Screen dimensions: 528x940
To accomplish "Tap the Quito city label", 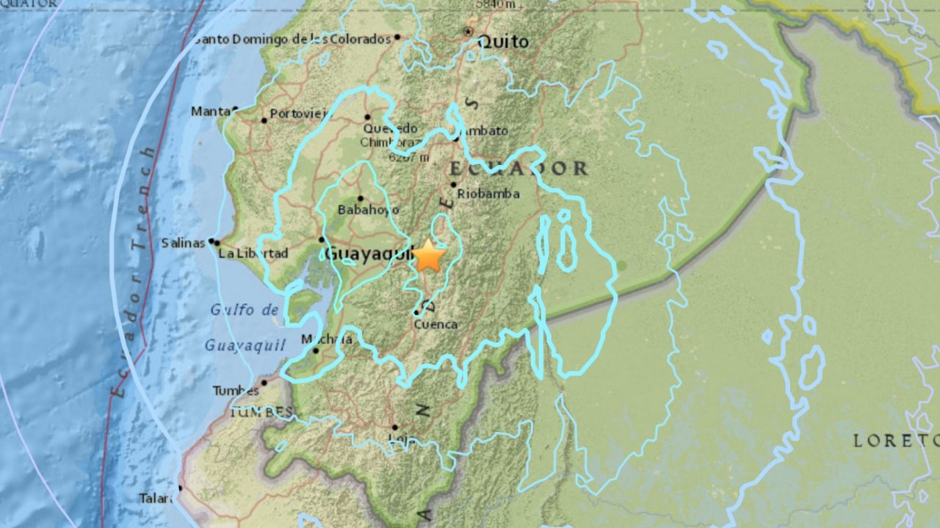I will click(x=503, y=43).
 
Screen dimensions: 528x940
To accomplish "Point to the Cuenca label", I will click(x=435, y=324).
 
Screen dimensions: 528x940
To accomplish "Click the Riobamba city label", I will click(x=488, y=194).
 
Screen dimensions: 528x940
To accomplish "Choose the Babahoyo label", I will click(x=361, y=210).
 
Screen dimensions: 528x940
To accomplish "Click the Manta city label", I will click(x=210, y=111).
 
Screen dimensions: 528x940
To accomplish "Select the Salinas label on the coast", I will click(x=184, y=243).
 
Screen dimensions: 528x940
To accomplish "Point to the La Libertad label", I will click(x=253, y=254).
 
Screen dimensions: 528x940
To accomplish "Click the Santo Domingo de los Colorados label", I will click(x=292, y=39).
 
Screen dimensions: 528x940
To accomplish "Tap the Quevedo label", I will click(x=389, y=129).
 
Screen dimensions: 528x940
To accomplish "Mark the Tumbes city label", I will click(x=236, y=391).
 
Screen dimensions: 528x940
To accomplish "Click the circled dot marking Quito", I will click(x=468, y=32).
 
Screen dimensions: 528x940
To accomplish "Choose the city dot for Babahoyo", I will click(x=360, y=198).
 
